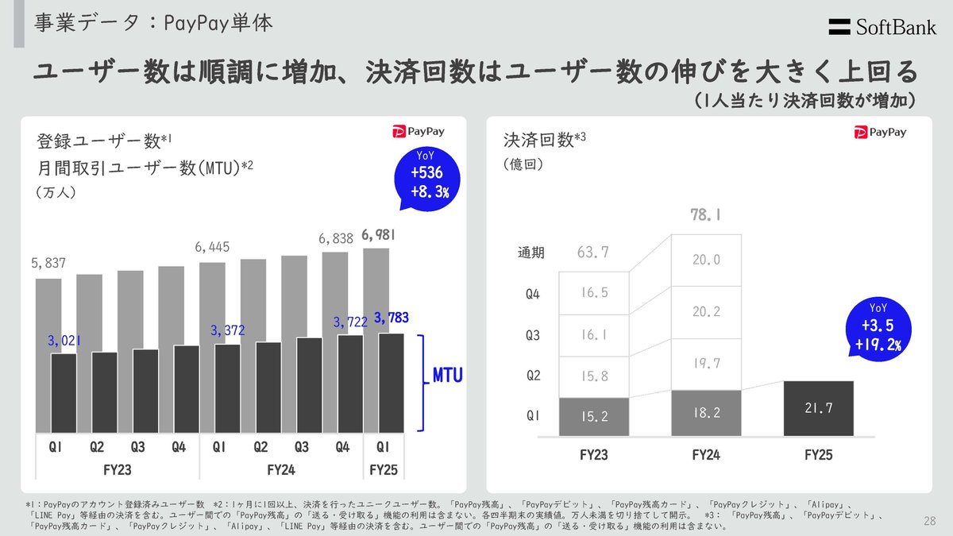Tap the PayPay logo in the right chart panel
click(x=881, y=133)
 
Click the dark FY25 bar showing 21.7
click(x=818, y=407)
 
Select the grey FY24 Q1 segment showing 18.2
click(x=706, y=413)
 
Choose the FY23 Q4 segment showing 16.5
click(x=594, y=292)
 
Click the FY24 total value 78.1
click(x=706, y=215)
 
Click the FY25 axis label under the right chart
click(x=818, y=455)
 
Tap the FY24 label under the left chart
click(x=280, y=469)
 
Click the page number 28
click(x=930, y=521)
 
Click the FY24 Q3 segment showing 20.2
click(x=706, y=311)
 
